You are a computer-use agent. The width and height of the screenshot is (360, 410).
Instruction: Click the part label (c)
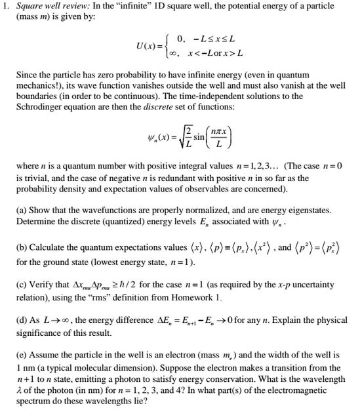22,284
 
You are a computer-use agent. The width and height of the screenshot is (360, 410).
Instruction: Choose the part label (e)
22,358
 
